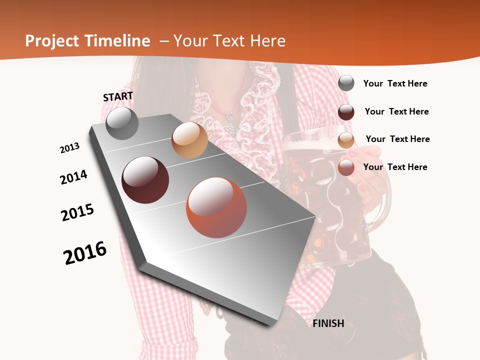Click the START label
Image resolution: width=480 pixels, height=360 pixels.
click(x=118, y=96)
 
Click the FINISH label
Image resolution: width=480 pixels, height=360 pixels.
click(x=328, y=323)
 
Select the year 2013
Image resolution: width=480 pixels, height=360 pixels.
click(x=69, y=148)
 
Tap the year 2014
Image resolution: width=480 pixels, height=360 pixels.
click(x=73, y=177)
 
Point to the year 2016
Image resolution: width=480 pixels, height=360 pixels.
click(x=85, y=253)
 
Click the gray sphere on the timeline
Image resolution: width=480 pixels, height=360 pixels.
click(x=122, y=123)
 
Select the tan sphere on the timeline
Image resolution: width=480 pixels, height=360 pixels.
click(x=189, y=140)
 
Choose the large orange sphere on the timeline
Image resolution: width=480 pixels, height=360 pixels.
click(x=216, y=207)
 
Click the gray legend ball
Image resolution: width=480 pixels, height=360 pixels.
click(x=346, y=83)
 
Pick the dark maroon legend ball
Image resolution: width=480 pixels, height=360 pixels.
click(x=346, y=111)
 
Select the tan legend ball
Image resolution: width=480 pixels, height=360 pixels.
click(x=346, y=139)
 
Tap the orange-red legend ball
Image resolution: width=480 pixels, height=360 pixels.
click(x=346, y=167)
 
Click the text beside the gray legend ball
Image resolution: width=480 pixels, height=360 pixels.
click(x=395, y=83)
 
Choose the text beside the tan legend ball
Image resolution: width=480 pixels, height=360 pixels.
click(x=397, y=139)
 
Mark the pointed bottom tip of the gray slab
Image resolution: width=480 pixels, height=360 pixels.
click(x=270, y=324)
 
